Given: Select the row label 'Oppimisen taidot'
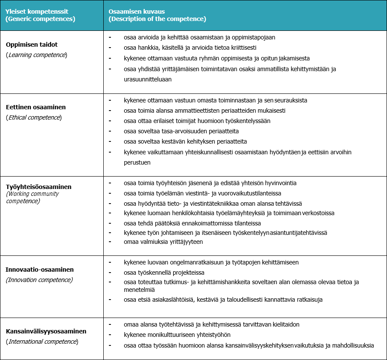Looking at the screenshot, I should [x=32, y=45].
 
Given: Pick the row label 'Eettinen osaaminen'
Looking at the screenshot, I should [x=36, y=107].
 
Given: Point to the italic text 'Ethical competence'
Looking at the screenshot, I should [x=34, y=117].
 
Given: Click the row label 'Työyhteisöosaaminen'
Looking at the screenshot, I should [x=39, y=187].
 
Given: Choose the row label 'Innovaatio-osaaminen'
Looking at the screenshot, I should [x=39, y=270].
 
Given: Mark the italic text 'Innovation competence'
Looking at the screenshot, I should [x=39, y=280].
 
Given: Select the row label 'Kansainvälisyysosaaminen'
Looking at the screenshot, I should [x=46, y=331].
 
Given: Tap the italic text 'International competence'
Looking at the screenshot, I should [x=42, y=342].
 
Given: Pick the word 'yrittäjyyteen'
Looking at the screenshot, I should [x=184, y=242].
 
